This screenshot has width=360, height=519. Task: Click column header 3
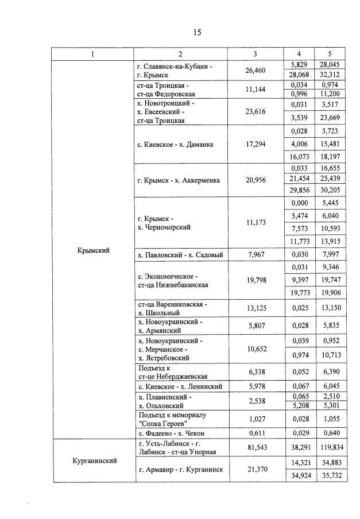click(255, 54)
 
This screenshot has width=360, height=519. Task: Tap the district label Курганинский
click(92, 460)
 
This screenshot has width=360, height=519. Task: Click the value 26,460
click(255, 71)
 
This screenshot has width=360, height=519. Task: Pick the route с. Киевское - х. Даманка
click(175, 145)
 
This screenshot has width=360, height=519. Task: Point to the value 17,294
click(255, 145)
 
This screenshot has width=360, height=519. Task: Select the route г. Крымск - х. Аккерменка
click(179, 181)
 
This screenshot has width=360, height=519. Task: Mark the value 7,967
click(255, 255)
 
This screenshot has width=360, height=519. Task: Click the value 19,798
click(255, 280)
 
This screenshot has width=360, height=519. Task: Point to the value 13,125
click(255, 308)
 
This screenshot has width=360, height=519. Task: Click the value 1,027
click(255, 419)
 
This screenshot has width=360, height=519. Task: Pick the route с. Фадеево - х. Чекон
click(171, 433)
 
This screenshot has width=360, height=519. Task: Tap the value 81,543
click(255, 447)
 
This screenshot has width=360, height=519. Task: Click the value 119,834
click(330, 447)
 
